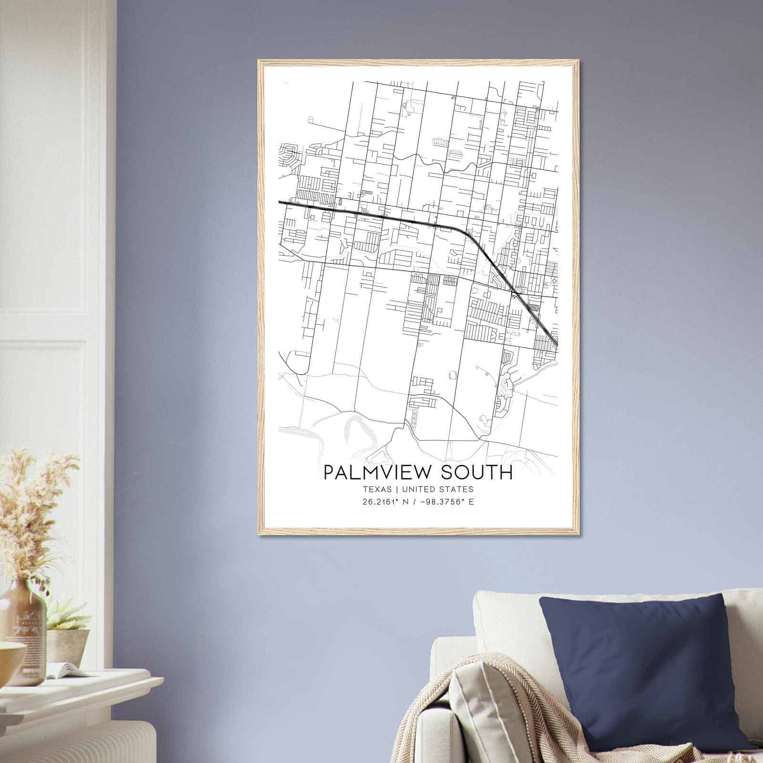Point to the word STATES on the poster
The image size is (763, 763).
point(456,489)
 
